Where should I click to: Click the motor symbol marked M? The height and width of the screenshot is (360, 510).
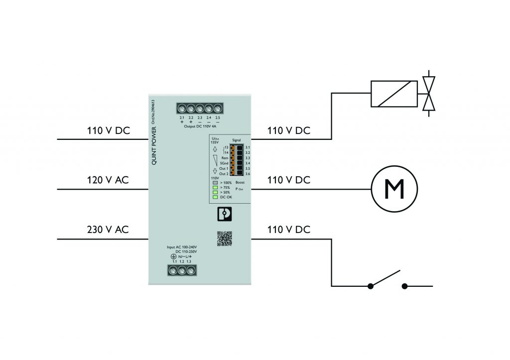(x=393, y=189)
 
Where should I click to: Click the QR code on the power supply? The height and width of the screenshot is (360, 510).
(x=224, y=239)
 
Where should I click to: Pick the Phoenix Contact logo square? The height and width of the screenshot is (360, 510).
(x=224, y=215)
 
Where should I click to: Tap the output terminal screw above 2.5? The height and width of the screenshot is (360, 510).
(x=218, y=108)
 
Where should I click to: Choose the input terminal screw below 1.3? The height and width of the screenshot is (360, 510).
(x=189, y=270)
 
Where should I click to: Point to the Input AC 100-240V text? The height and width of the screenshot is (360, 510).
(x=182, y=247)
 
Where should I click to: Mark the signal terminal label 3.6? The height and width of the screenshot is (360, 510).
(x=248, y=173)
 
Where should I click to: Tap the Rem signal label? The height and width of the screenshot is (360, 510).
(x=225, y=158)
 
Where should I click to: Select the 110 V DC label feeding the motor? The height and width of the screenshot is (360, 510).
(x=289, y=180)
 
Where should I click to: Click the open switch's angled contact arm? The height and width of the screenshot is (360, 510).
(x=384, y=279)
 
